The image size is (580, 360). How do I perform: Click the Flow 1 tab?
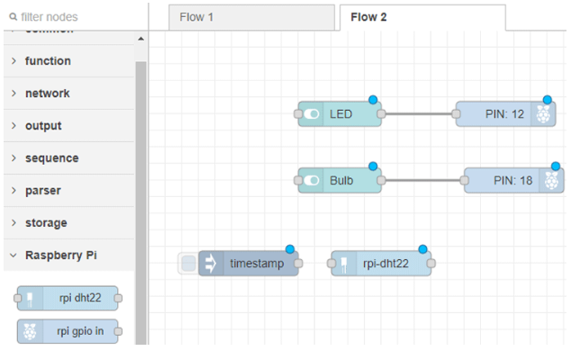click(x=197, y=17)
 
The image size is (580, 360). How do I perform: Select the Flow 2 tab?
click(x=368, y=17)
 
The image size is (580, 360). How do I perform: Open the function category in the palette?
click(x=48, y=61)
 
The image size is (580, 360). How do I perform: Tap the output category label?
click(x=43, y=126)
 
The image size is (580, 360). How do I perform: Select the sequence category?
click(x=51, y=158)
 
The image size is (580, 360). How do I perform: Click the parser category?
click(x=43, y=191)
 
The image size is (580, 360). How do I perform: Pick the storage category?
click(x=46, y=223)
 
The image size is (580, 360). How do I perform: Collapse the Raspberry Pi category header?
click(x=60, y=256)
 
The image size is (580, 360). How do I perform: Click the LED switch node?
click(x=340, y=114)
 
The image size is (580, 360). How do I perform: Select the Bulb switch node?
click(x=340, y=180)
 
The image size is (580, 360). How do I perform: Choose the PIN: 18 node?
click(x=512, y=180)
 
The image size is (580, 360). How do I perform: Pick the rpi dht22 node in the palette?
click(x=68, y=299)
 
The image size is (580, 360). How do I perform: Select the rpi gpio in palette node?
click(x=68, y=331)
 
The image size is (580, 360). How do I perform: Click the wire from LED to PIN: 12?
click(x=419, y=114)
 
